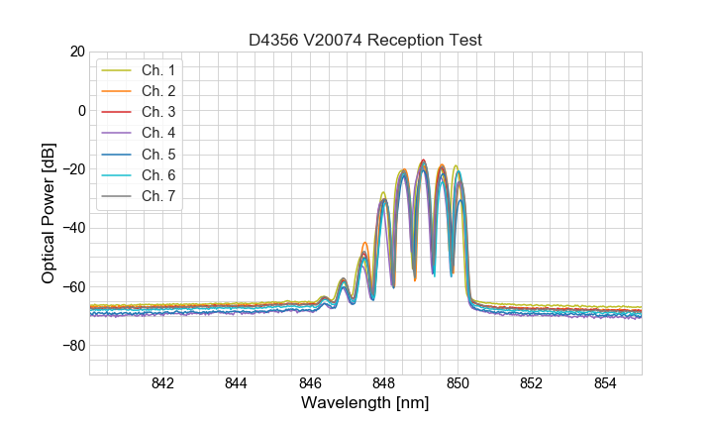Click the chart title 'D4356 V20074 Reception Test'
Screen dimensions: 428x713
364,40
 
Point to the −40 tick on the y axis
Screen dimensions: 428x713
72,228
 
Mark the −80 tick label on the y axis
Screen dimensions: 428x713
72,346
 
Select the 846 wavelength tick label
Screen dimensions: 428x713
310,384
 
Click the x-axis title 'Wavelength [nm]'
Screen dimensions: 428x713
364,404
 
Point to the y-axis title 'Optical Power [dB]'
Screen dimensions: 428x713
48,213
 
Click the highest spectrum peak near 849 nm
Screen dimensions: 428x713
423,160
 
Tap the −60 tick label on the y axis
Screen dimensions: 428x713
72,287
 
